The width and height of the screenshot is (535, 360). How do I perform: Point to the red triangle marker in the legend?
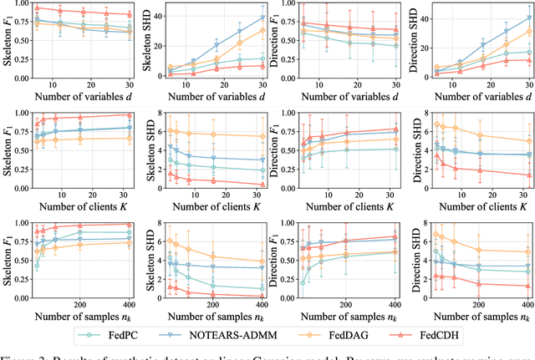pos(411,337)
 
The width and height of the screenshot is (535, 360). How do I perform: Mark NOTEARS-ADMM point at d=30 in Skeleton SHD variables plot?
pos(262,18)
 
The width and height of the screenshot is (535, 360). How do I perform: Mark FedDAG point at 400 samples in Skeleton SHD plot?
pos(262,262)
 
